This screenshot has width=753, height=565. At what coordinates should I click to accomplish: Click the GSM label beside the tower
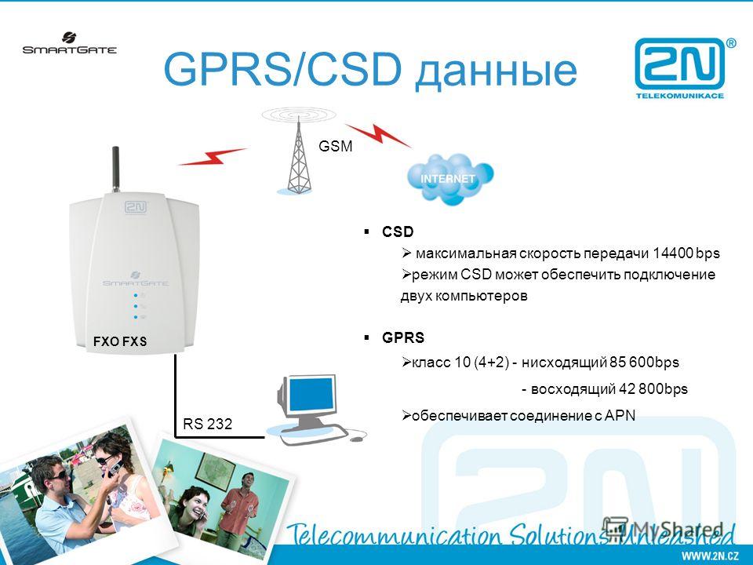[x=335, y=146]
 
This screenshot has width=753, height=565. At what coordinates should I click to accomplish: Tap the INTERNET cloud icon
[x=450, y=179]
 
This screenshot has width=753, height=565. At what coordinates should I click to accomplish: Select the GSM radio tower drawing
[x=298, y=151]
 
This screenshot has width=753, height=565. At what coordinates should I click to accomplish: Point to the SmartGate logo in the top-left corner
[x=70, y=43]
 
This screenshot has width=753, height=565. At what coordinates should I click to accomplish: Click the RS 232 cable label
[x=207, y=424]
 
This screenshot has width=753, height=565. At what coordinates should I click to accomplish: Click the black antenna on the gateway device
[x=116, y=169]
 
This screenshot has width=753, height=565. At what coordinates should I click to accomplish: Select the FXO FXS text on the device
[x=120, y=341]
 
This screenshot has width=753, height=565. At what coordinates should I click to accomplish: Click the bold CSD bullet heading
[x=398, y=231]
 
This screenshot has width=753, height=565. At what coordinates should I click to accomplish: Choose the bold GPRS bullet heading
[x=403, y=337]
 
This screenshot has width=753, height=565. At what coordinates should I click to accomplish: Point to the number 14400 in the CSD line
[x=672, y=253]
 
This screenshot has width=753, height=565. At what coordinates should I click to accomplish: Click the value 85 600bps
[x=644, y=363]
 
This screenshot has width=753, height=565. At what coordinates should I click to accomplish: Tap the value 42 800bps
[x=653, y=388]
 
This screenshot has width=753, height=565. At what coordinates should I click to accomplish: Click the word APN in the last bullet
[x=620, y=415]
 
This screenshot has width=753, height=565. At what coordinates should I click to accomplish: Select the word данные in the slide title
[x=496, y=70]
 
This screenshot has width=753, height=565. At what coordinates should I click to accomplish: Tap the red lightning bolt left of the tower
[x=213, y=157]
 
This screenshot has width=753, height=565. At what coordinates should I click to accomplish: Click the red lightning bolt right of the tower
[x=378, y=135]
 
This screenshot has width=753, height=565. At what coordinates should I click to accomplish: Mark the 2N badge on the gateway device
[x=136, y=207]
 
